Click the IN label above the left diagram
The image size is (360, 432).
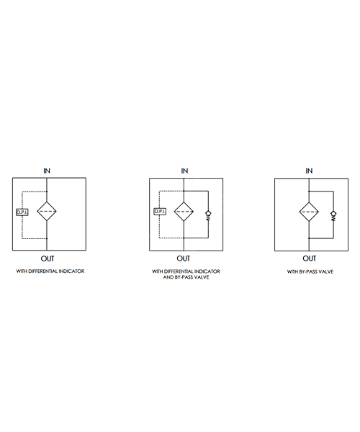click(x=47, y=171)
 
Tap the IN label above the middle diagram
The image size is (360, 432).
click(x=184, y=171)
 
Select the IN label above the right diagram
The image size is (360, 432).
click(x=309, y=171)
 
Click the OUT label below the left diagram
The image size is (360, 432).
click(x=48, y=258)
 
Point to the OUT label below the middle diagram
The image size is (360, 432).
click(x=184, y=258)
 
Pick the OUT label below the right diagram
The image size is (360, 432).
click(x=310, y=258)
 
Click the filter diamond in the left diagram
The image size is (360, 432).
click(x=47, y=211)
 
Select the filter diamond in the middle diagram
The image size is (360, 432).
click(x=184, y=212)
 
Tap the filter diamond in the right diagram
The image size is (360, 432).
click(x=309, y=212)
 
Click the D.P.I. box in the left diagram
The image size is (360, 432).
click(x=22, y=212)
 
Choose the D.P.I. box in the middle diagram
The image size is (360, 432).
click(x=160, y=212)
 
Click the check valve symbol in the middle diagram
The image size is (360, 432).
click(x=208, y=215)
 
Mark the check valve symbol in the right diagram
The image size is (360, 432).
click(x=333, y=216)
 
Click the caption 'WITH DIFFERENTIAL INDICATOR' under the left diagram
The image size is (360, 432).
click(x=50, y=271)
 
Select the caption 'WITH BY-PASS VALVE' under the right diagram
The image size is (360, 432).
click(x=310, y=271)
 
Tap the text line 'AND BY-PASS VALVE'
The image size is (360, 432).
click(x=186, y=277)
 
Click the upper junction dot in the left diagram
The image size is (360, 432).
click(x=47, y=192)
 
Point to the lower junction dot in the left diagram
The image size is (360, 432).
click(x=47, y=238)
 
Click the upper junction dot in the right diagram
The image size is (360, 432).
click(x=309, y=192)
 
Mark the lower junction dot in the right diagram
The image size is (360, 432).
click(x=309, y=238)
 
